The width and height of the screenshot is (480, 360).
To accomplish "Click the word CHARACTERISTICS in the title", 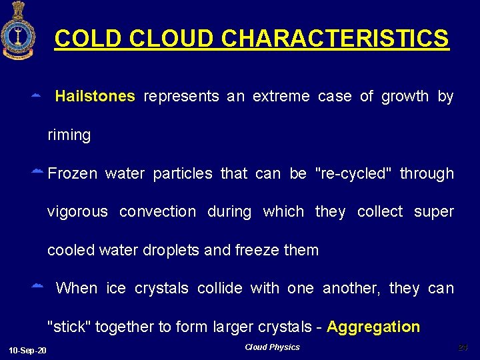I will pyautogui.click(x=335, y=39).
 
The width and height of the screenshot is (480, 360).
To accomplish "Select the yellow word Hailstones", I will pyautogui.click(x=95, y=97).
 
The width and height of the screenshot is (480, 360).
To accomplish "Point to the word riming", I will pyautogui.click(x=69, y=135).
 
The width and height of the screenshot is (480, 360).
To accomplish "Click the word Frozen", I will pyautogui.click(x=73, y=174).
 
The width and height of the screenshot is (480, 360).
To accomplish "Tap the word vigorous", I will pyautogui.click(x=77, y=212).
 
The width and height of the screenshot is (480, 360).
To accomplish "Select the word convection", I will pyautogui.click(x=157, y=212).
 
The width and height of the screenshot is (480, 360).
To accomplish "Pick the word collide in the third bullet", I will pyautogui.click(x=220, y=289).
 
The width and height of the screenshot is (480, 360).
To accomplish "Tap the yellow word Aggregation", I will pyautogui.click(x=373, y=327).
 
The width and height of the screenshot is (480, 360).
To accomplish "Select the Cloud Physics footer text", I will pyautogui.click(x=272, y=347).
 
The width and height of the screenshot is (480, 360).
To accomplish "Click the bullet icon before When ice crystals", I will pyautogui.click(x=37, y=287).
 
